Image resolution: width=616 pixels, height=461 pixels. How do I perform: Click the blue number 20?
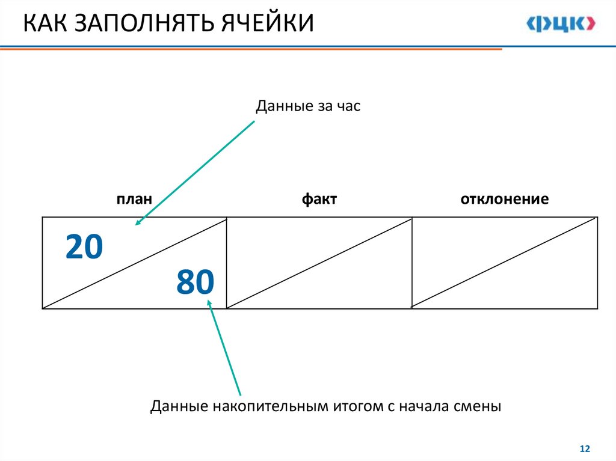click(x=84, y=247)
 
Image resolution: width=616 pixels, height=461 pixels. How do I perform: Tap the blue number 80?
click(x=195, y=282)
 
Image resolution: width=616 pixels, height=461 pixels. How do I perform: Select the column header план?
click(x=134, y=199)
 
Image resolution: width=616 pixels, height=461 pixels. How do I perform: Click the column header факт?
click(x=319, y=199)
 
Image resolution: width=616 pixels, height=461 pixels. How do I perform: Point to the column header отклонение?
click(x=504, y=199)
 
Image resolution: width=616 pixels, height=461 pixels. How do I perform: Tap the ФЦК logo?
click(x=561, y=23)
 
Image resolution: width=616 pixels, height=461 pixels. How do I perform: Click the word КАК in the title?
click(x=45, y=23)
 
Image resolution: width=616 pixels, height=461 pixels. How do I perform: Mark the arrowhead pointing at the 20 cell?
click(x=138, y=223)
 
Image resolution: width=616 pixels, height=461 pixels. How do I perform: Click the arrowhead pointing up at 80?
click(x=210, y=304)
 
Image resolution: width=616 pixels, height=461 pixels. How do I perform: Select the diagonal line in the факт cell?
click(x=319, y=263)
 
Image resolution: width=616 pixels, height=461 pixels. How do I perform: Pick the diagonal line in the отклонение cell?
click(x=505, y=263)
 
